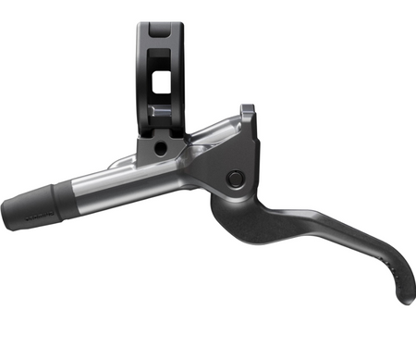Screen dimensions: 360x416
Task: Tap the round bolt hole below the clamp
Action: pyautogui.click(x=160, y=147)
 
